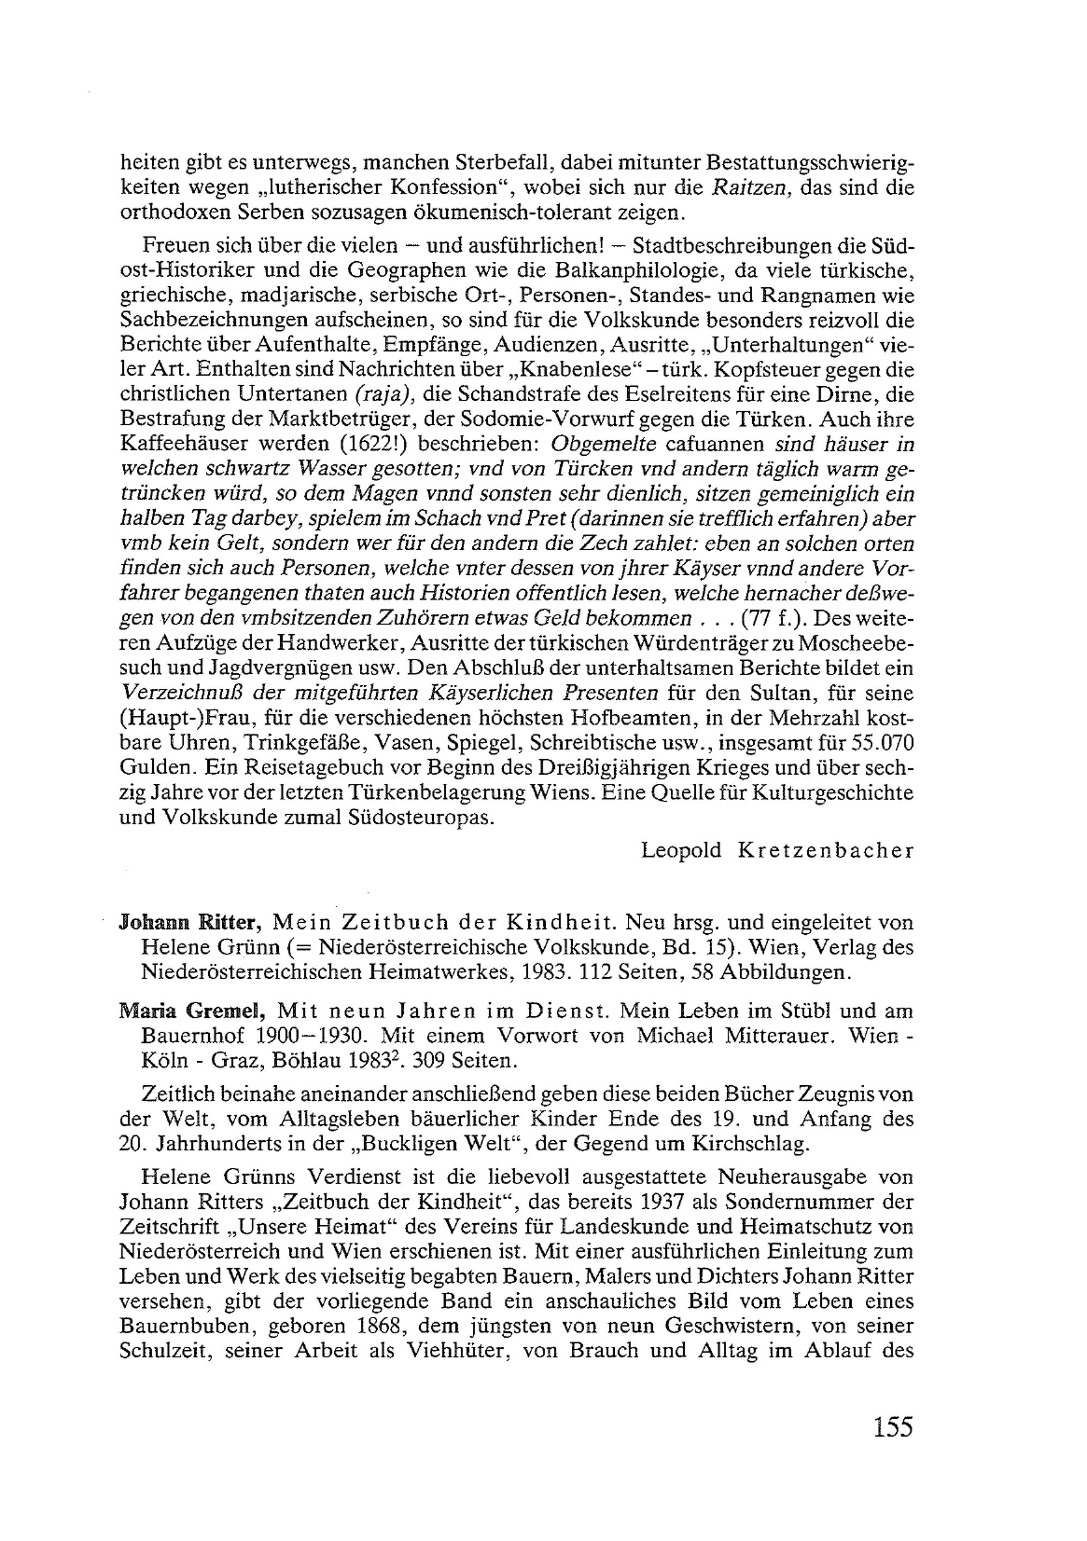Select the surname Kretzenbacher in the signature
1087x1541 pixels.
tap(825, 851)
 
